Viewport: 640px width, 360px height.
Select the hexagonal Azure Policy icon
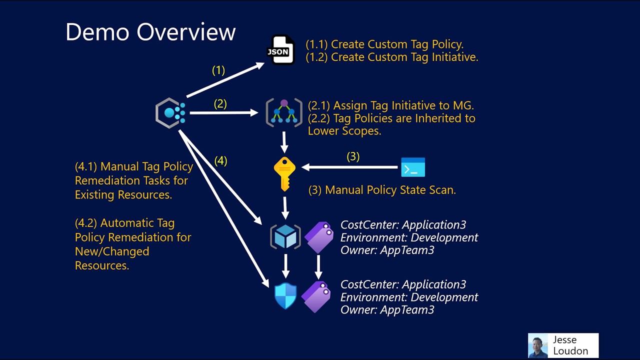point(170,113)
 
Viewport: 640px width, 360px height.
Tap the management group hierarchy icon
point(284,112)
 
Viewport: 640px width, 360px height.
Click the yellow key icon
point(284,173)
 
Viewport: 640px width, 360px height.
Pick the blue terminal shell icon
point(413,167)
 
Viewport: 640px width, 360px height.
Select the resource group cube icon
point(285,237)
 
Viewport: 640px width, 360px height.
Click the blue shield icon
point(285,296)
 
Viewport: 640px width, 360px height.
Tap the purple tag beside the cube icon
point(318,237)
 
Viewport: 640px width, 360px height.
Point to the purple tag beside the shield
point(316,296)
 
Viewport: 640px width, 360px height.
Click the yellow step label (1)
point(218,70)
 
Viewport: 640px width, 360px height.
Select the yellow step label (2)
point(220,104)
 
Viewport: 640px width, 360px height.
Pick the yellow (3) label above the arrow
point(353,156)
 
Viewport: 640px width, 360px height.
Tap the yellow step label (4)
point(220,161)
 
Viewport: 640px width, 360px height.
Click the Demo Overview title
point(150,32)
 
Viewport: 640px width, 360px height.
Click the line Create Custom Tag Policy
point(385,44)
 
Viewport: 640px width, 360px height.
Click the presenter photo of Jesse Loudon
point(538,345)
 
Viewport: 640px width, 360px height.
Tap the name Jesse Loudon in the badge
point(570,345)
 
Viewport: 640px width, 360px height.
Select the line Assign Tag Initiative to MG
point(391,105)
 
